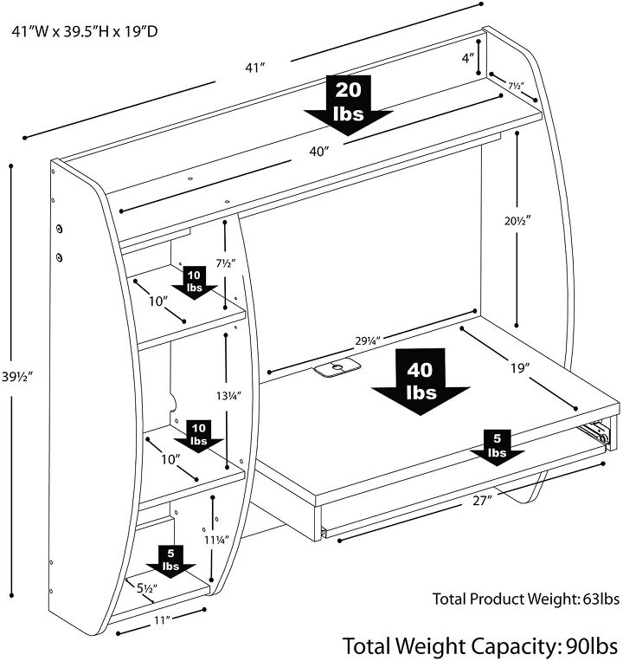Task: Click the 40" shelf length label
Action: click(318, 152)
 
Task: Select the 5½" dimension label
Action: click(148, 589)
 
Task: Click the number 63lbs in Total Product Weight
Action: click(598, 599)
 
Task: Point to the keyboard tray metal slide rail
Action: click(596, 430)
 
